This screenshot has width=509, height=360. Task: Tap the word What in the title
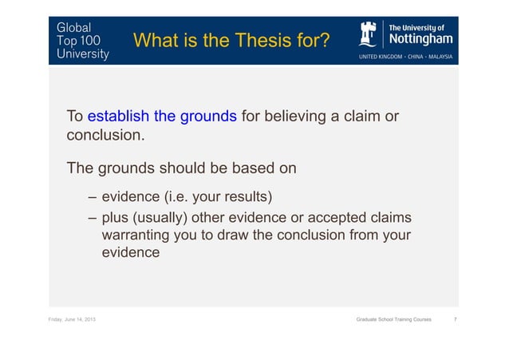tap(158, 39)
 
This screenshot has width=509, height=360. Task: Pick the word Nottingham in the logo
tap(420, 40)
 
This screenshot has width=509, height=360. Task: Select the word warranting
tap(139, 235)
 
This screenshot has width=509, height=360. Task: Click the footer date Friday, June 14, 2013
tap(67, 319)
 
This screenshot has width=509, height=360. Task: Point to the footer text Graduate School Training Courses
tap(393, 319)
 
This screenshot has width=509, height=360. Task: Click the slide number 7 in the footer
tap(454, 319)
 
